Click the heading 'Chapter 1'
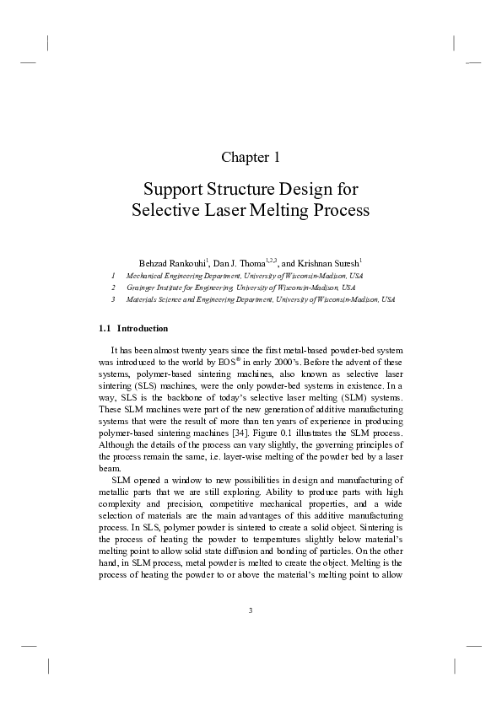coord(251,157)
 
